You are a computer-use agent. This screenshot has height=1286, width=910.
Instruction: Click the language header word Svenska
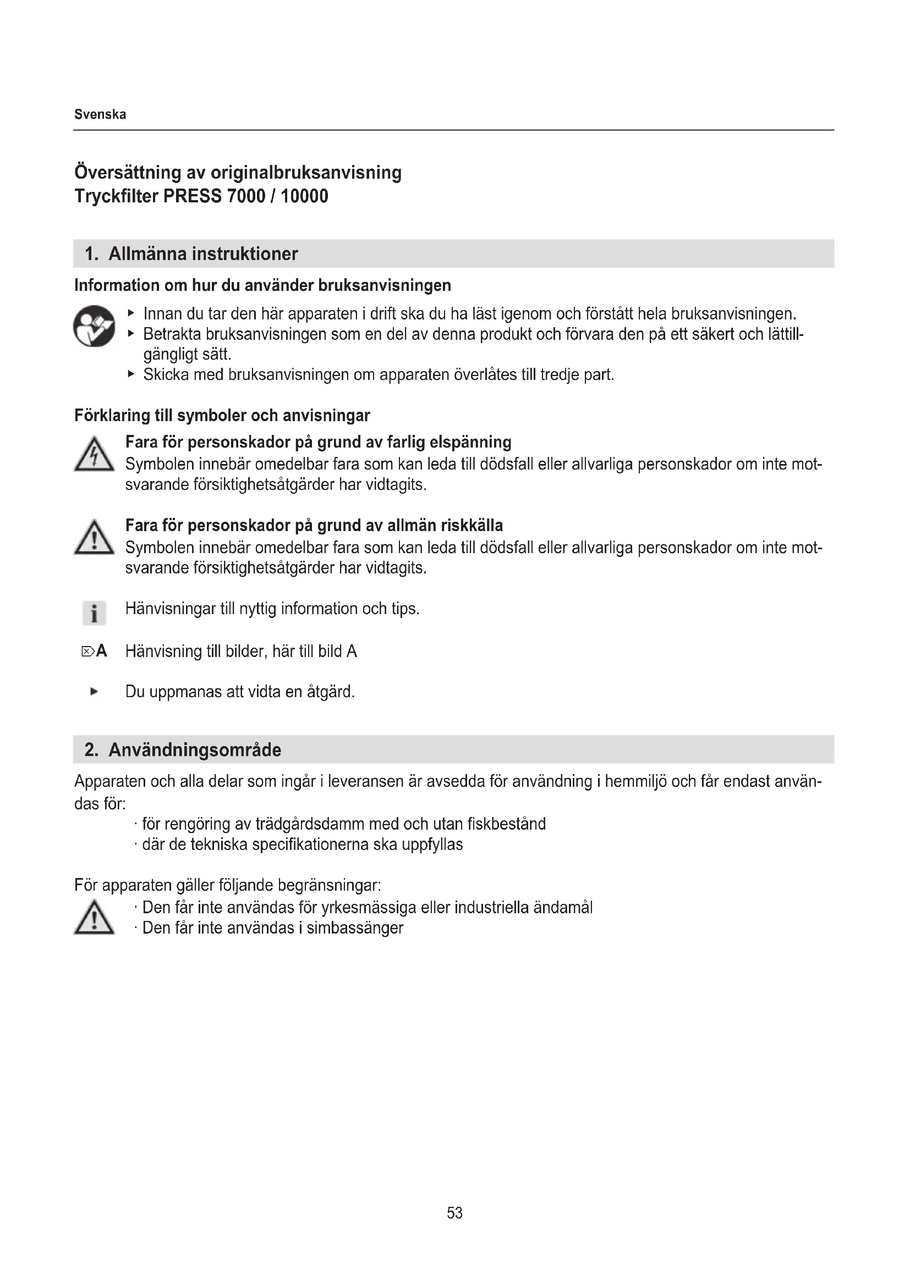[100, 114]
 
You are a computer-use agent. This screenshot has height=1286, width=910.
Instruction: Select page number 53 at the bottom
[454, 1213]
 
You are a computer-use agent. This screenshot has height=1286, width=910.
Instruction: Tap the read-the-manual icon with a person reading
[94, 326]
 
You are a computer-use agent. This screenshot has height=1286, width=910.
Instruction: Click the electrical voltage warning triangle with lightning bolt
[94, 455]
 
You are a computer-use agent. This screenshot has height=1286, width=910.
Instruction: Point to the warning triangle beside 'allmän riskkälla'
[94, 538]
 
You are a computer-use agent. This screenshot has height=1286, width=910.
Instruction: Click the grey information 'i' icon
[94, 612]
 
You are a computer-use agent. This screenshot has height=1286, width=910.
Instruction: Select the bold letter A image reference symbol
[101, 651]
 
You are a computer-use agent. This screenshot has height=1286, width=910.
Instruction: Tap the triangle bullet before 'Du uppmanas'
[94, 692]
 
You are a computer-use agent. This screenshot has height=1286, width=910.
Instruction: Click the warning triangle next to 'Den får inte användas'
[94, 918]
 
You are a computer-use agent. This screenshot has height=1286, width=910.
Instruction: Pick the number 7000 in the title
[246, 196]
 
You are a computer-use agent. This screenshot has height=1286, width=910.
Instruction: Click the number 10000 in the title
[304, 196]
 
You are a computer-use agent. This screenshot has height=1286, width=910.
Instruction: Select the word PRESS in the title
[192, 196]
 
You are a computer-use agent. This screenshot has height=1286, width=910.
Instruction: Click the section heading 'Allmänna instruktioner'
[203, 253]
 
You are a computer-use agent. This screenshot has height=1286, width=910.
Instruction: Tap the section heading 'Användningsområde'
[194, 749]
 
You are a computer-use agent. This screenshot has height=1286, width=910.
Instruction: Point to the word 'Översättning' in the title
[127, 172]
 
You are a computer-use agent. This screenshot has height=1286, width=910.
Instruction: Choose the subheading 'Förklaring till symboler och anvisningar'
[222, 416]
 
